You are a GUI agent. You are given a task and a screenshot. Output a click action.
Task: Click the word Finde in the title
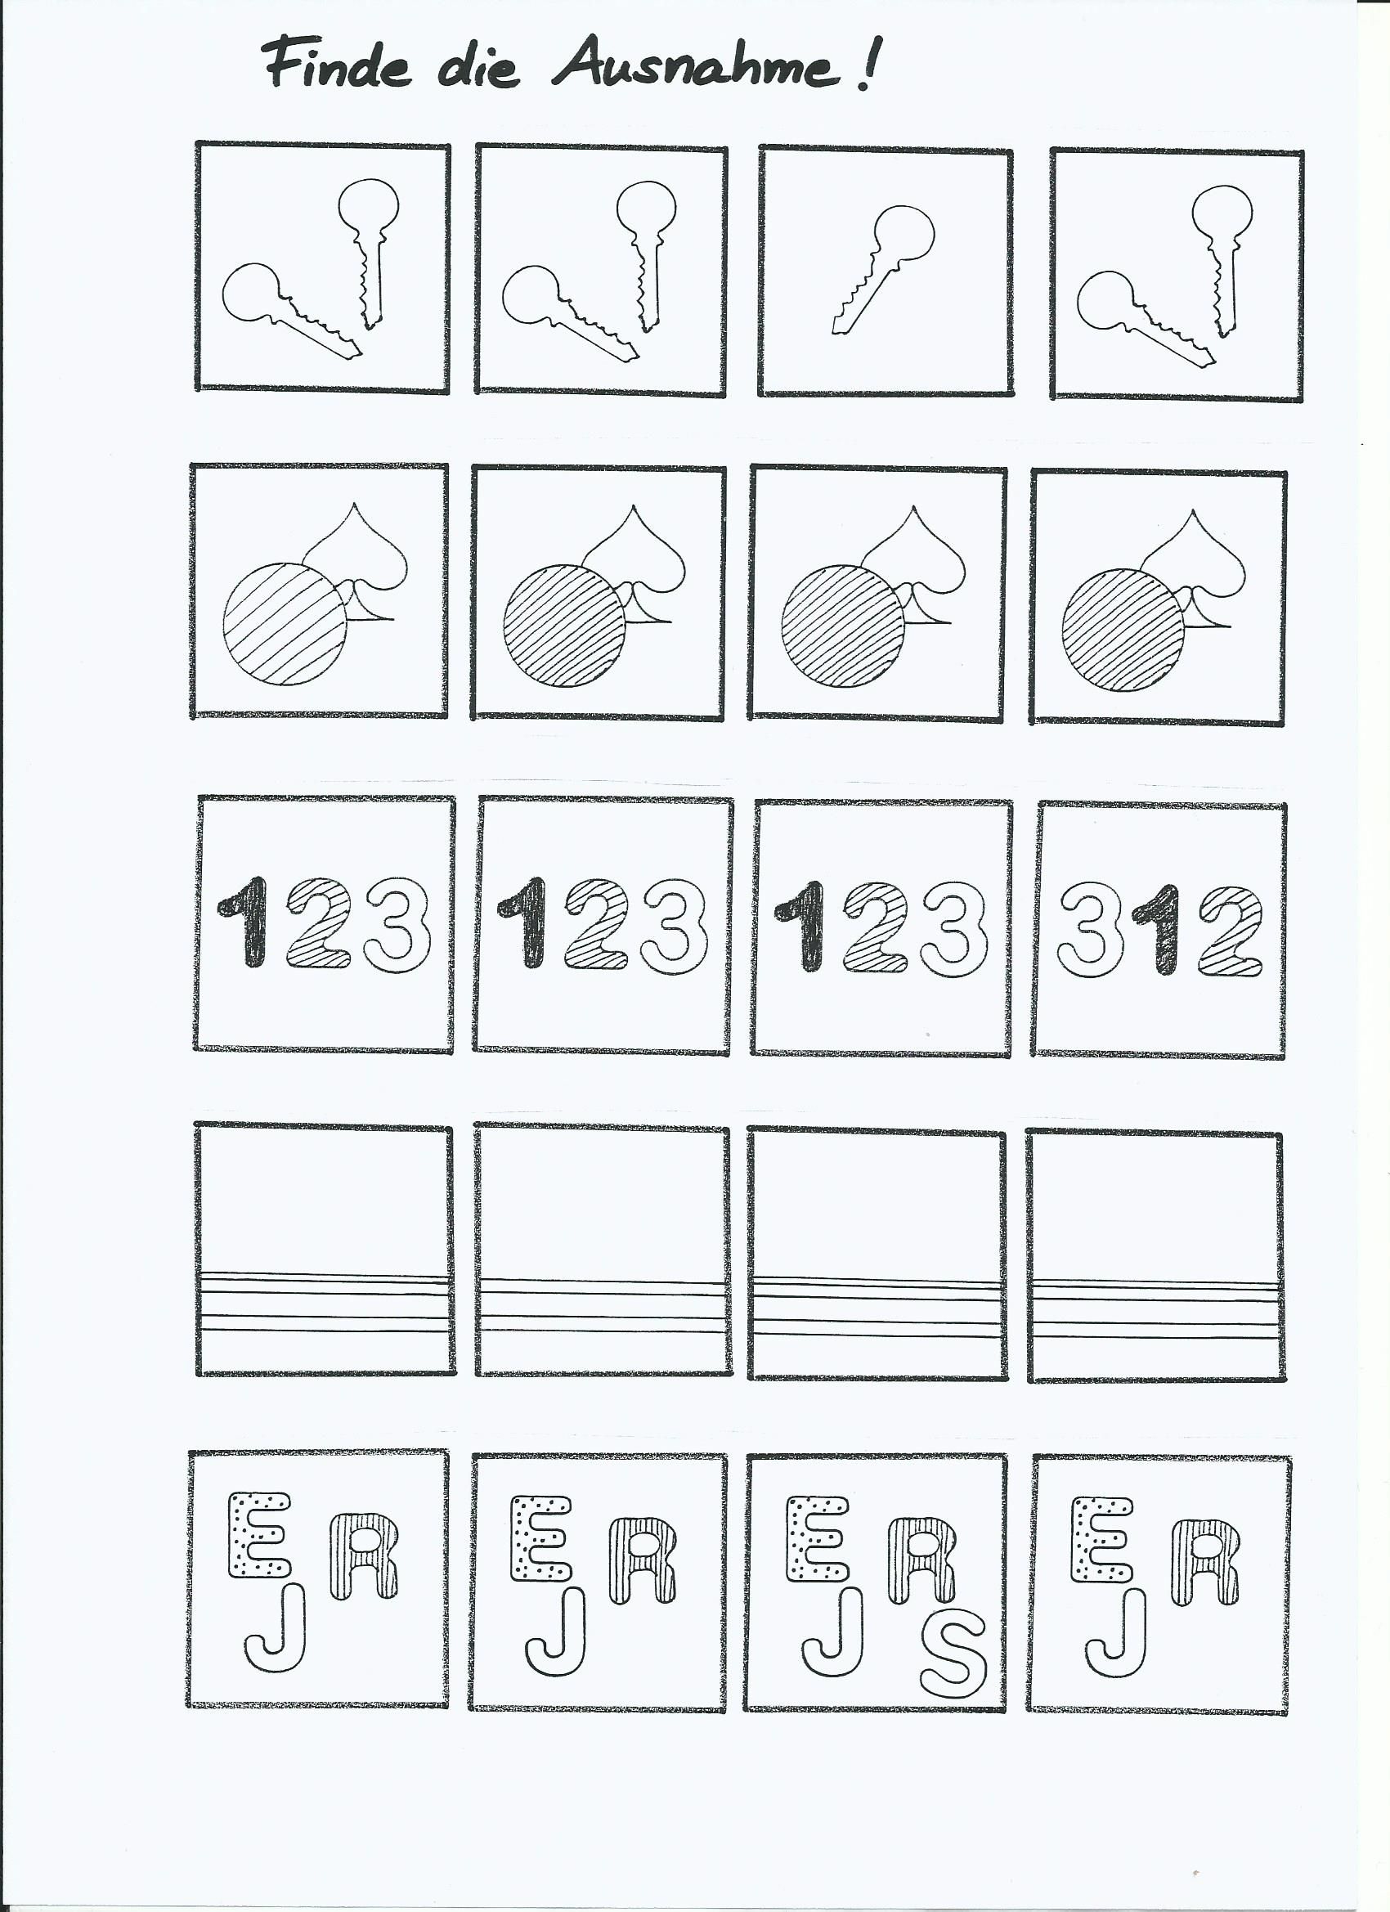point(337,65)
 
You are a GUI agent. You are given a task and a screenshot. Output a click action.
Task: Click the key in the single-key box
point(884,268)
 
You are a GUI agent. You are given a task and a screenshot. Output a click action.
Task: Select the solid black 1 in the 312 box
point(1159,931)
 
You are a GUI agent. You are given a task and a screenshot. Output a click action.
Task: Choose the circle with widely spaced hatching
point(285,624)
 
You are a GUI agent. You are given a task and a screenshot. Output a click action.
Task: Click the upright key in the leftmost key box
point(370,253)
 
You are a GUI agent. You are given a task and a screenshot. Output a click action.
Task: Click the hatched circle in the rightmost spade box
point(1123,631)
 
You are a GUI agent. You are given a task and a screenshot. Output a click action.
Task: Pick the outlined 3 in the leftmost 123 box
point(398,925)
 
